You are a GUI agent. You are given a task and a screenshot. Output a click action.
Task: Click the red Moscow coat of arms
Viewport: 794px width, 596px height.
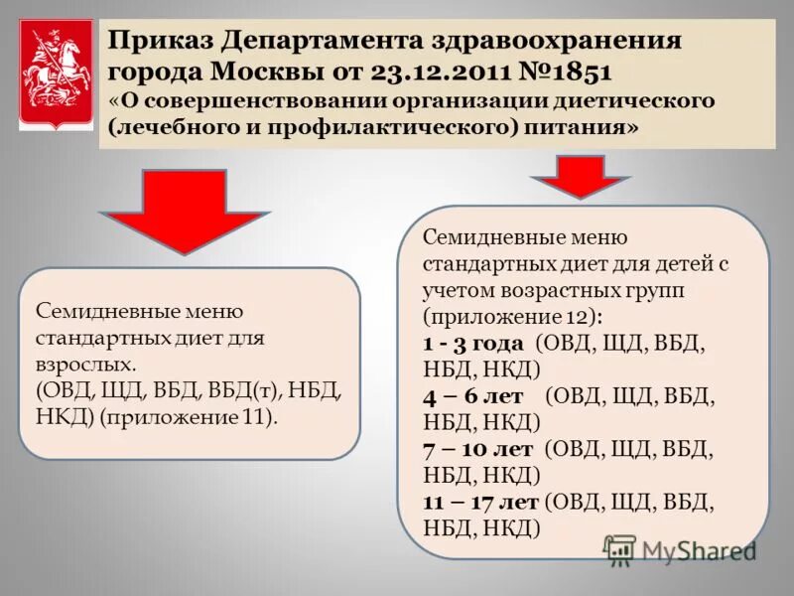click(x=58, y=74)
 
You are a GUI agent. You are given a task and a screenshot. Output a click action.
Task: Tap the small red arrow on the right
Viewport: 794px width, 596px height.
click(x=580, y=177)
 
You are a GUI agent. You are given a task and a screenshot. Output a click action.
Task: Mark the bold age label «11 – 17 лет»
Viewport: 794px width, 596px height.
click(x=481, y=501)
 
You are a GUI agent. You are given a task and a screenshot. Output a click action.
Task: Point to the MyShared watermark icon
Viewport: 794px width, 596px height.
click(x=620, y=550)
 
